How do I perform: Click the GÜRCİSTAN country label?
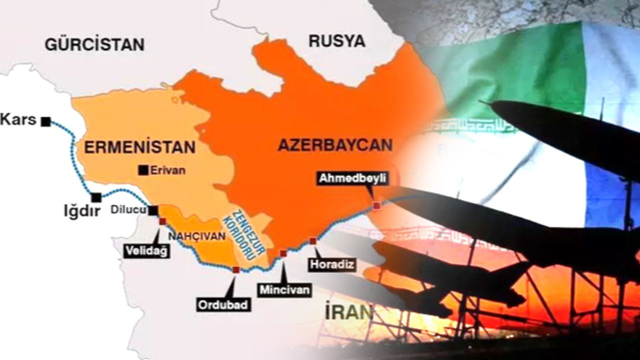(94, 44)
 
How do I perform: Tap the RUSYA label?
(336, 41)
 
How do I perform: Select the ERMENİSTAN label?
(139, 147)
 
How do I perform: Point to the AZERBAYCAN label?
(335, 145)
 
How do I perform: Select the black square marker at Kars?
(46, 121)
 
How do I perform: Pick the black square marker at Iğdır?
(95, 197)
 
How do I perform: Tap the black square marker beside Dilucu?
(153, 211)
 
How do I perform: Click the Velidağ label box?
(146, 251)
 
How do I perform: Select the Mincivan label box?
(284, 289)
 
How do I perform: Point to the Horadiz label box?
(331, 264)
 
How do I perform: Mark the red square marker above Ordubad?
(236, 270)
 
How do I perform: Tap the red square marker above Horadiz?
(313, 241)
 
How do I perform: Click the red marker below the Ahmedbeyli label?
(377, 205)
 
